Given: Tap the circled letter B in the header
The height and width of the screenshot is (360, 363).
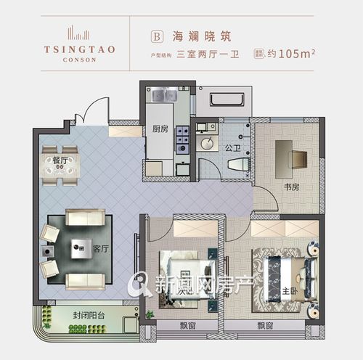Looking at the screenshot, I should (x=154, y=34).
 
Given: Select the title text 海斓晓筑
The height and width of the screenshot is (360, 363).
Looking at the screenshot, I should (x=195, y=34).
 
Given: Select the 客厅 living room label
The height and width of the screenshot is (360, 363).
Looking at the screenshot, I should (x=101, y=249).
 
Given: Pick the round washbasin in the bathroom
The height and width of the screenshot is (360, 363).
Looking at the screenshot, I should (x=208, y=143).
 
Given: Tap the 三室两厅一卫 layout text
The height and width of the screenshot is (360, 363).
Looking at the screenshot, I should (x=210, y=53).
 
